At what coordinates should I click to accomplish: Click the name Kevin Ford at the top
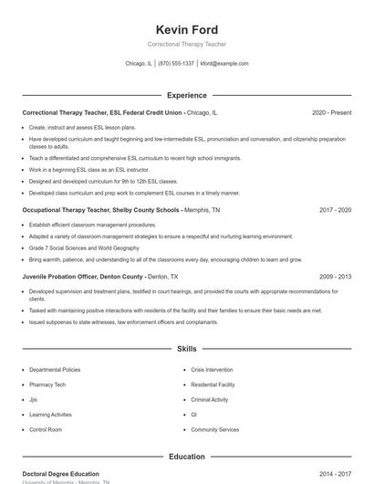pyautogui.click(x=187, y=29)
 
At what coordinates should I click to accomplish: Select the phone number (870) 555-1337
pyautogui.click(x=176, y=64)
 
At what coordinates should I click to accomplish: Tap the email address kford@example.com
pyautogui.click(x=224, y=64)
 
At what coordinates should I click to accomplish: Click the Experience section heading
pyautogui.click(x=187, y=95)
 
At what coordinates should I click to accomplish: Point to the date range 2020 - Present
pyautogui.click(x=331, y=112)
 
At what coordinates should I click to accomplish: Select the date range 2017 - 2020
pyautogui.click(x=335, y=209)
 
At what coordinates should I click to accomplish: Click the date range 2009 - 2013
pyautogui.click(x=335, y=276)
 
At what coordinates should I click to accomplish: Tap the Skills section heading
pyautogui.click(x=187, y=349)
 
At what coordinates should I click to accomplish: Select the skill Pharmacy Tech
pyautogui.click(x=47, y=384)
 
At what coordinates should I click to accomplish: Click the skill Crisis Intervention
pyautogui.click(x=212, y=370)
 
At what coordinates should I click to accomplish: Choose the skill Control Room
pyautogui.click(x=46, y=429)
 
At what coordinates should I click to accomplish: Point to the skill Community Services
pyautogui.click(x=215, y=429)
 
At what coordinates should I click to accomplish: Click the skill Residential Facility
pyautogui.click(x=213, y=384)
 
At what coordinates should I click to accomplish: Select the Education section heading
pyautogui.click(x=187, y=457)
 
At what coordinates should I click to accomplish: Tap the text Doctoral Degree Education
pyautogui.click(x=60, y=474)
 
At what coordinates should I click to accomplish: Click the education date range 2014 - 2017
pyautogui.click(x=335, y=474)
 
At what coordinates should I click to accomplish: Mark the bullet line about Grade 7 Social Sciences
pyautogui.click(x=84, y=247)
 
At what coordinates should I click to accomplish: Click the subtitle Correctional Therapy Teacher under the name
pyautogui.click(x=187, y=44)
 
